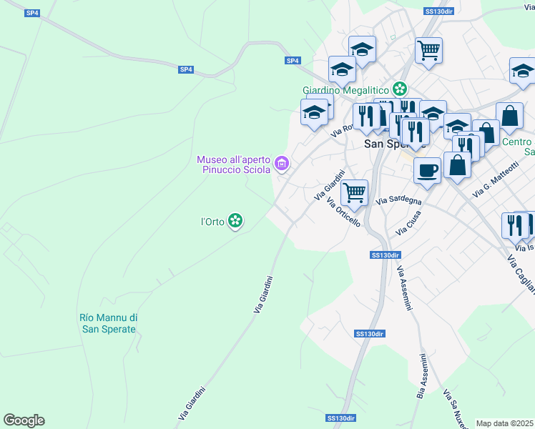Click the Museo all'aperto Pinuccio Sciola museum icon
[x=283, y=164]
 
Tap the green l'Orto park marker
[x=235, y=222]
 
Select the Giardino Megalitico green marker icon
[x=399, y=89]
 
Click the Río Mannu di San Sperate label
[x=107, y=323]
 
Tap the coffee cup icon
[x=428, y=171]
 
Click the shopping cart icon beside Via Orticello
[x=355, y=192]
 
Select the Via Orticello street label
[x=344, y=212]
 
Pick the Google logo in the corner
[x=24, y=420]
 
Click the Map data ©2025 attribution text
[x=505, y=423]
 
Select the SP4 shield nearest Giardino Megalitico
[x=293, y=61]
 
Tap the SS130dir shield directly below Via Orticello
[x=386, y=255]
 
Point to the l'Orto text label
[x=212, y=222]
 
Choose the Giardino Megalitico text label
[x=345, y=90]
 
